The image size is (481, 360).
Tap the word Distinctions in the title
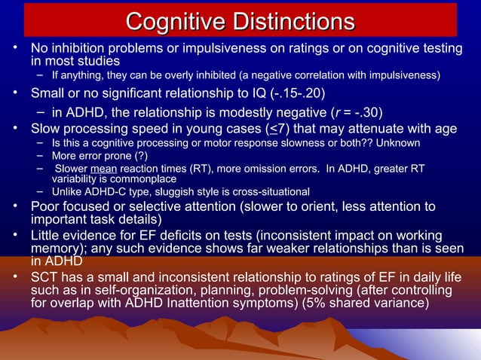(290, 20)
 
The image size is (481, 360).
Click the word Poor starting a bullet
(46, 206)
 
